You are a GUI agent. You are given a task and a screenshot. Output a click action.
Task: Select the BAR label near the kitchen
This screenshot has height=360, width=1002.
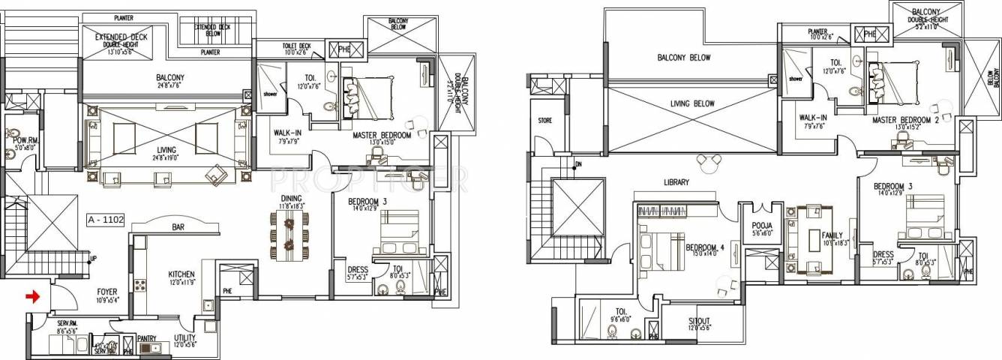178,225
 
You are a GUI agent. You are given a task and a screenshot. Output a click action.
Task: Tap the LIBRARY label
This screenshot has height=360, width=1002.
676,182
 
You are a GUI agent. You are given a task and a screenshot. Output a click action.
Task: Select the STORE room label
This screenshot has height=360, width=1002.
544,119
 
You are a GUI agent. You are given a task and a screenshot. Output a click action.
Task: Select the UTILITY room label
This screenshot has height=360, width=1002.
184,340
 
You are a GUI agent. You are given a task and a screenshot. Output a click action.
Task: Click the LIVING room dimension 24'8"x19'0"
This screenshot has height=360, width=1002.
167,157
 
